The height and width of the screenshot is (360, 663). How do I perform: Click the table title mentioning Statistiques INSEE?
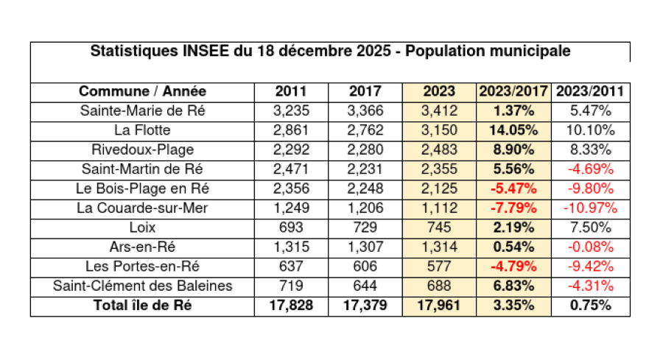point(329,52)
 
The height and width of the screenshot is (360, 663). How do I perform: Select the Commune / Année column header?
point(142,92)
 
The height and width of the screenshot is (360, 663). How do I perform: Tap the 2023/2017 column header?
point(513,92)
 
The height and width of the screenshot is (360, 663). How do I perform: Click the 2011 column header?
point(291,92)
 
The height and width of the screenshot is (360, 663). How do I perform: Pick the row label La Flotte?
point(142,131)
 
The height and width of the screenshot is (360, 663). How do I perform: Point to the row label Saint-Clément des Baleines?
point(142,286)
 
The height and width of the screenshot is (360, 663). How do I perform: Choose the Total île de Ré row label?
point(142,306)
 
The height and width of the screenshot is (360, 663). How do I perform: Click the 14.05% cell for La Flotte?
point(513,131)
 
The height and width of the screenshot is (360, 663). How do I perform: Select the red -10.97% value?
point(590,208)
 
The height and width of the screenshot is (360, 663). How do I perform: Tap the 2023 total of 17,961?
point(439,306)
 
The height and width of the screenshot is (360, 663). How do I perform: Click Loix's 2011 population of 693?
point(291,227)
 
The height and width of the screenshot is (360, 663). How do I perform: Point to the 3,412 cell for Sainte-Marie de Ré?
point(439,112)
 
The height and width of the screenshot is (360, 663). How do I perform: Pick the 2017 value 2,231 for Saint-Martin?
point(365,169)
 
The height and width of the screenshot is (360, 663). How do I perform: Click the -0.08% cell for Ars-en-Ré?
point(590,247)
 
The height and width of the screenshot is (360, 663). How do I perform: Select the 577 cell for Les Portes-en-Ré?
point(439,267)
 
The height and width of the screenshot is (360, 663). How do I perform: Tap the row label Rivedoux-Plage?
point(142,150)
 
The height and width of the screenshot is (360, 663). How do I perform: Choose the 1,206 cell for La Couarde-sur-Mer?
point(365,208)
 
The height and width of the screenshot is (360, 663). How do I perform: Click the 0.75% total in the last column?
point(590,306)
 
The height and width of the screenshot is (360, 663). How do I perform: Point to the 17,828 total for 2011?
point(291,306)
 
